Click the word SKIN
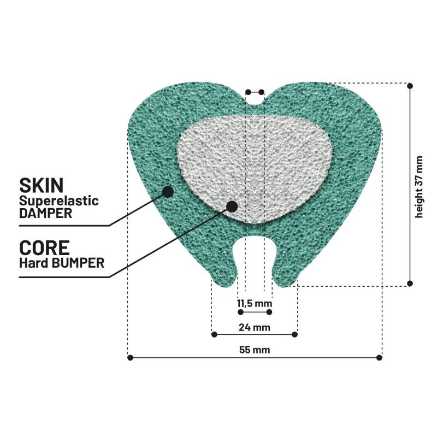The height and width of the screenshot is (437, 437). tap(42, 185)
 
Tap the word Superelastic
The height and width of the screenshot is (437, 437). tap(59, 201)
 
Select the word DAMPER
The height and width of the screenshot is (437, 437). tap(46, 213)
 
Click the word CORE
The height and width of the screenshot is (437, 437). tap(44, 248)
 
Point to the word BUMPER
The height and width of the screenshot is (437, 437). tap(79, 263)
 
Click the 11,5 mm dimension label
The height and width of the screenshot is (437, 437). tap(255, 303)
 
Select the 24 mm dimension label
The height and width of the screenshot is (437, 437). tap(255, 327)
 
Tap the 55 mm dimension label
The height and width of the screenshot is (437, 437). tap(255, 350)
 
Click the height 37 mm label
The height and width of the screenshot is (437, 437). tap(419, 187)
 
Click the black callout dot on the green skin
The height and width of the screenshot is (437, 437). tap(168, 192)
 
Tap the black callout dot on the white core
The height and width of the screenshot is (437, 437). tap(232, 206)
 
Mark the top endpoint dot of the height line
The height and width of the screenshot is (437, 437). tap(410, 86)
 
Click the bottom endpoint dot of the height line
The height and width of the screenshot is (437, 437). tap(410, 284)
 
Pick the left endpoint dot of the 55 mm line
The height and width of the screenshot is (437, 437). tap(130, 358)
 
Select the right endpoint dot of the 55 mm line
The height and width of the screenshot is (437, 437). tap(379, 358)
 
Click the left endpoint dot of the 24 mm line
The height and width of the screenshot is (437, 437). tap(214, 334)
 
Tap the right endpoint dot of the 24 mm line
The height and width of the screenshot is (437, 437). tap(294, 334)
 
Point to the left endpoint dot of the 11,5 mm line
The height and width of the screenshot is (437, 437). tap(241, 312)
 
